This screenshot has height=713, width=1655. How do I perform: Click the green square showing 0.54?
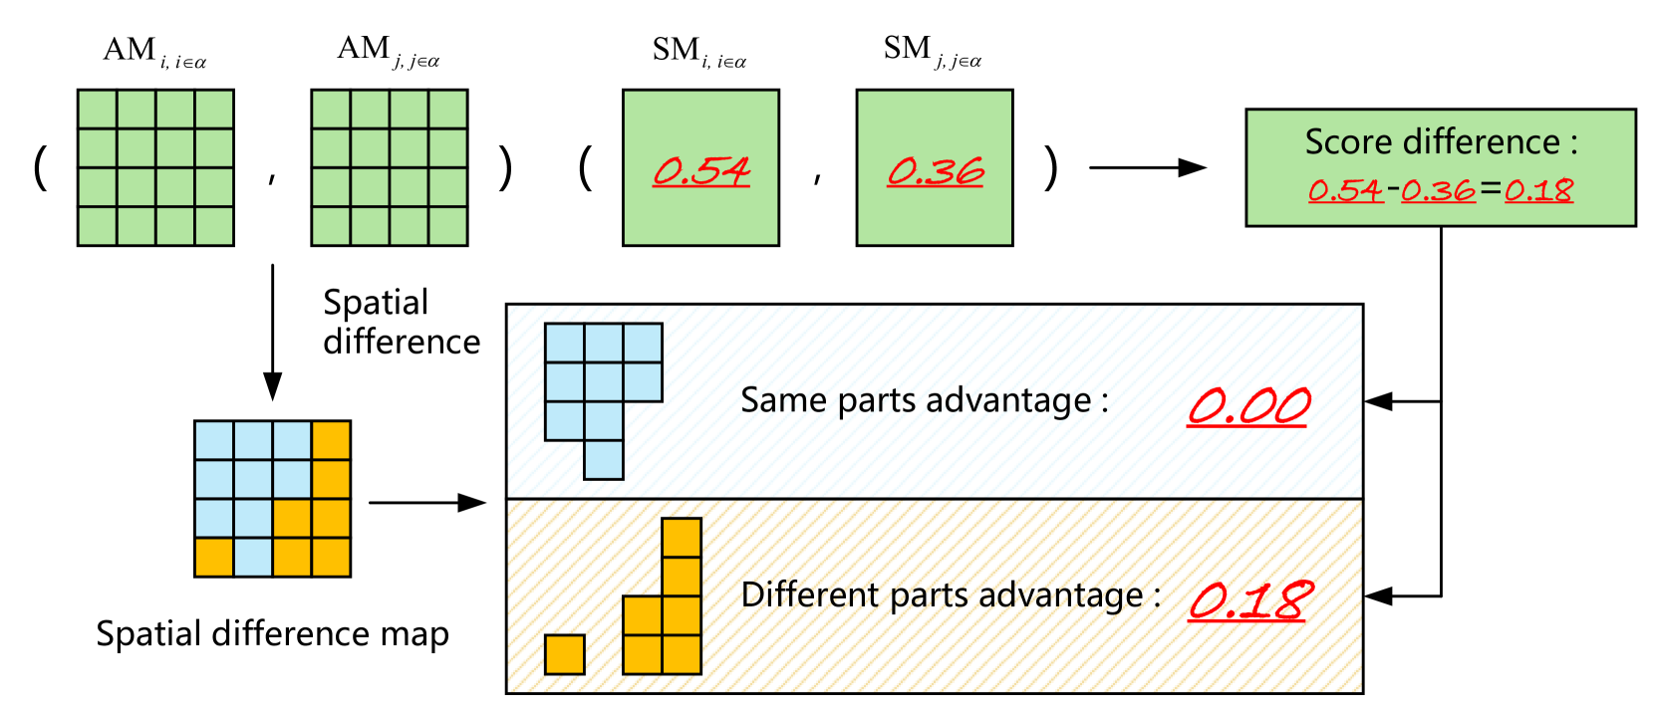700,167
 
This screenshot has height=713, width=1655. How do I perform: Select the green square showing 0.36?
935,167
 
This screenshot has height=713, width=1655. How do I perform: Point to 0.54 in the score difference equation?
1345,190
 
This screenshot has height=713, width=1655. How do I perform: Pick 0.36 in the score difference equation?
1438,190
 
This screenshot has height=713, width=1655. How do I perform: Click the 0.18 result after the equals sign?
1538,190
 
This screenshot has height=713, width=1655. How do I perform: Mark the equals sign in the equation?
1491,189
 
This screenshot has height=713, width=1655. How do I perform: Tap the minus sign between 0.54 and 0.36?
1393,189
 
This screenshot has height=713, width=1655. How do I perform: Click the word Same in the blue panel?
784,400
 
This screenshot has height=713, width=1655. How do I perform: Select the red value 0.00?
1248,406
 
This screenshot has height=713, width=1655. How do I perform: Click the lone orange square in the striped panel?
564,654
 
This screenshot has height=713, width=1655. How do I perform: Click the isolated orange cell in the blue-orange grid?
214,557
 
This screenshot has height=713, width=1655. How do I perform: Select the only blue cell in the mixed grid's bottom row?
253,557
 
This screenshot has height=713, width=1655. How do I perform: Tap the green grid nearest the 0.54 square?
390,167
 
